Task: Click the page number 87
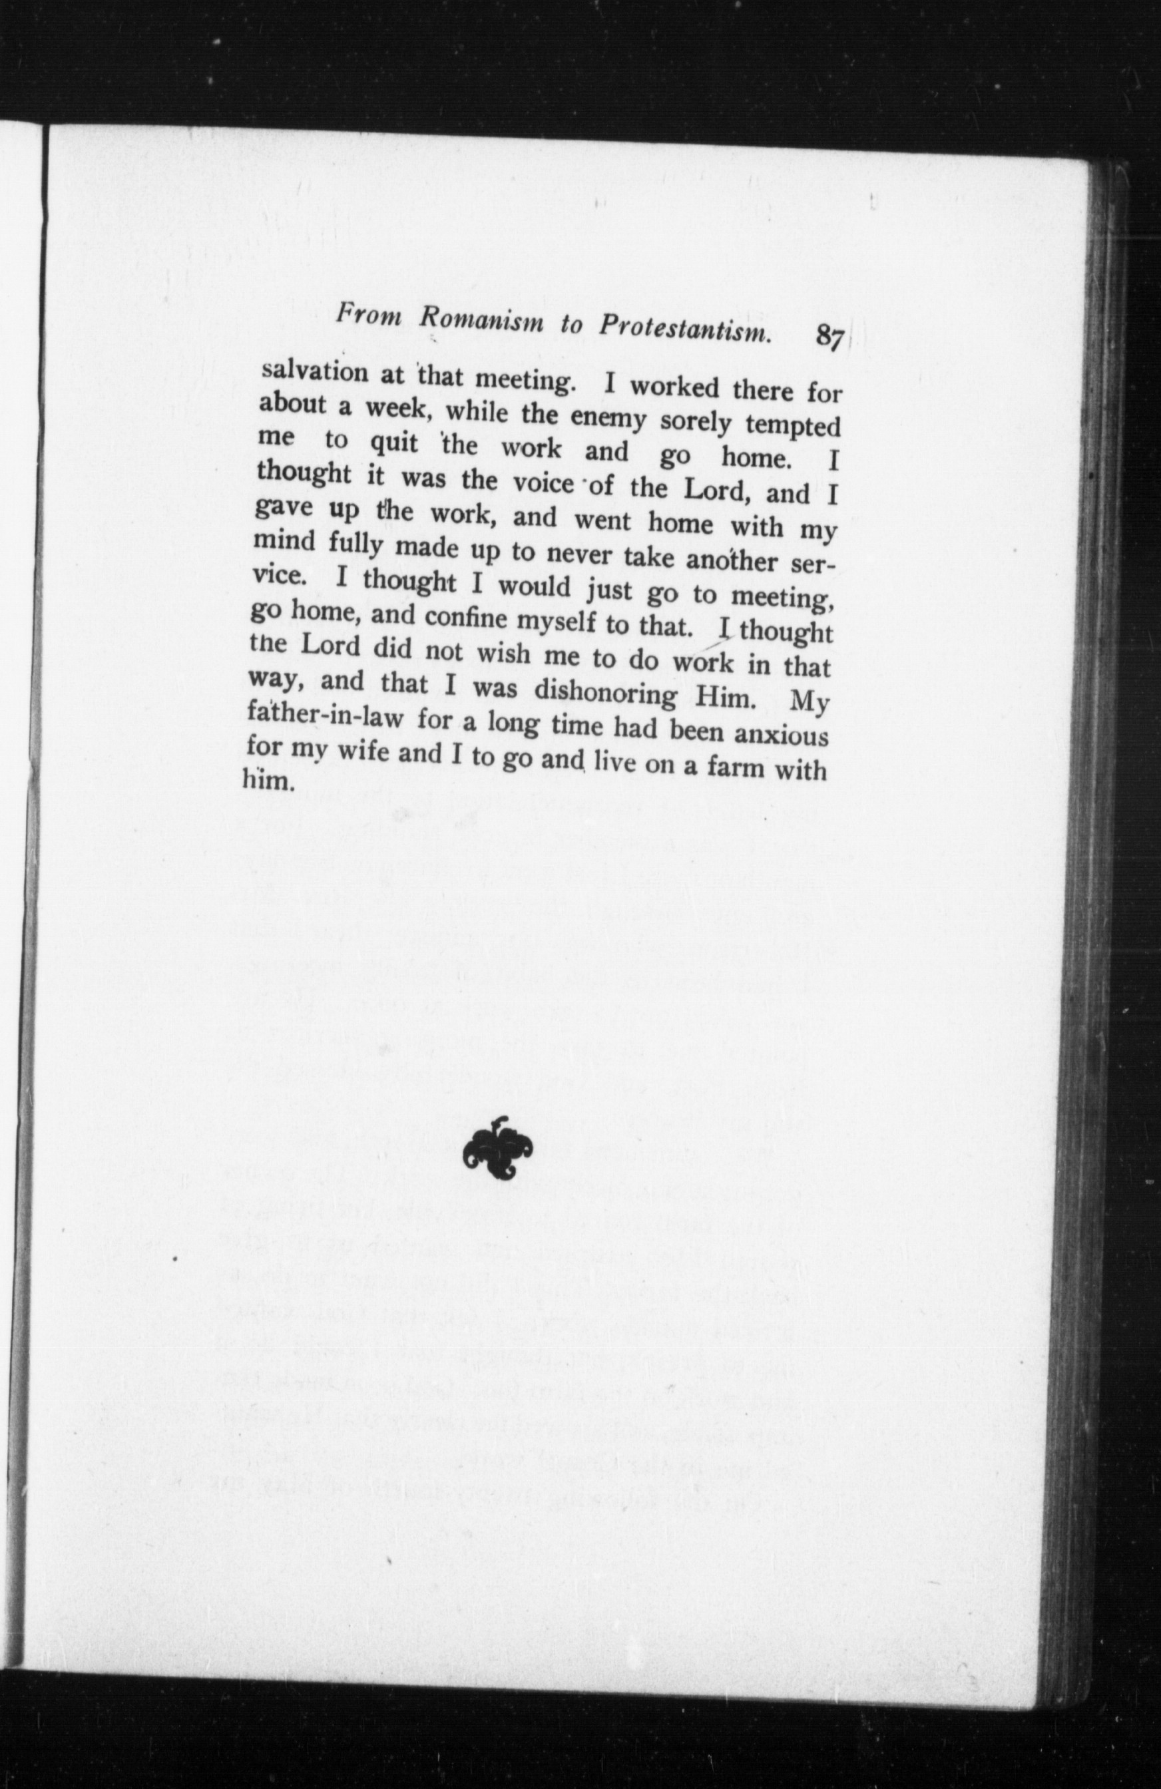829,336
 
